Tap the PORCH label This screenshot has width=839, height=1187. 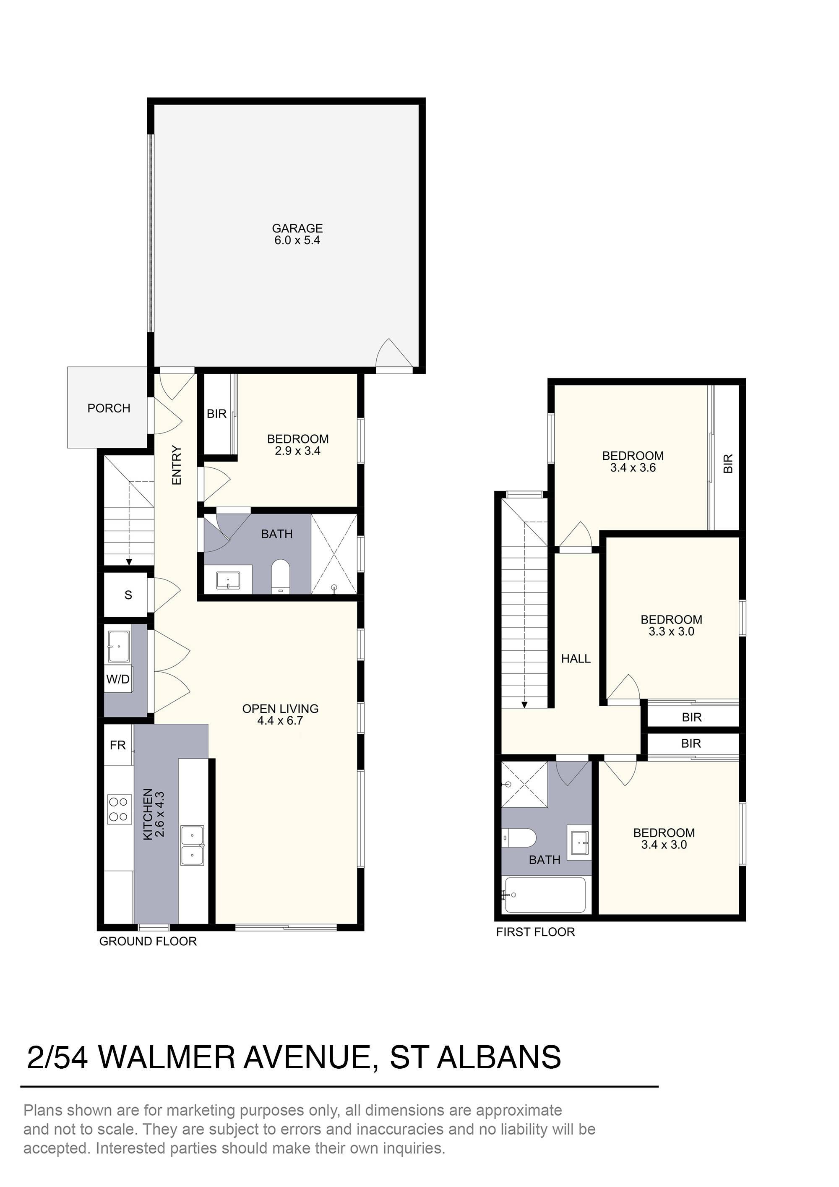pos(109,408)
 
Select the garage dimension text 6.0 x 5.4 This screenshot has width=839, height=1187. pos(297,240)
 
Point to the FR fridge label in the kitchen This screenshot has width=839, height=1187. pos(118,745)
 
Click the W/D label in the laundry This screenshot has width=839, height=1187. pos(118,679)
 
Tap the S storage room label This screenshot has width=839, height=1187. pos(128,595)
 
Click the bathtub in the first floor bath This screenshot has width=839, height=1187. pos(545,895)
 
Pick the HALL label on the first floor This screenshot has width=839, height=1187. pos(576,659)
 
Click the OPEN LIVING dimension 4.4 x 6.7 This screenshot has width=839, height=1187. pos(280,721)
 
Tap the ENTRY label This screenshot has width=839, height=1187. pos(177,465)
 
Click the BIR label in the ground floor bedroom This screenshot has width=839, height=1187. pos(216,414)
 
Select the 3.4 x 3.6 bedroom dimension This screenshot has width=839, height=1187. pos(633,468)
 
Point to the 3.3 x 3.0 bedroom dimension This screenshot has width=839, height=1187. pos(672,632)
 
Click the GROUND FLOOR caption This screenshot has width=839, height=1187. pos(148,942)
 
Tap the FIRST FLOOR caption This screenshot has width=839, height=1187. pos(536,932)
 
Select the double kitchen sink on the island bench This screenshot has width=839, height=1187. pos(192,845)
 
